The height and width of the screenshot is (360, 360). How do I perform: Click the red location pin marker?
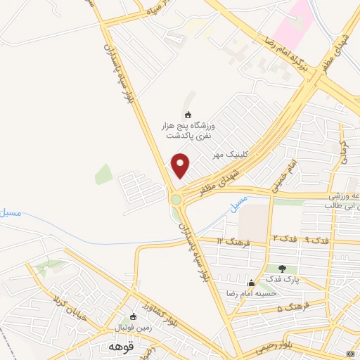181,165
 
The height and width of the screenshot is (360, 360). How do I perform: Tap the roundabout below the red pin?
176,200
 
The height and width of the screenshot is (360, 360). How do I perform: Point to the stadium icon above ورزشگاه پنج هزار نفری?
187,115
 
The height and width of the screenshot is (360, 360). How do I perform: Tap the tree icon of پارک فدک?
283,268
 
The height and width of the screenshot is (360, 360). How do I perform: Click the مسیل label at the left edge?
11,212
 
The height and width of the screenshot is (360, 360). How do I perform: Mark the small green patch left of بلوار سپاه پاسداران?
103,174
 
